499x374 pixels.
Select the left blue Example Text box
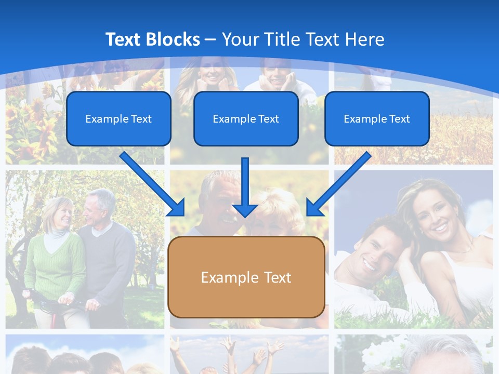click(x=119, y=118)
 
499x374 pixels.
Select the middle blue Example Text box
click(x=246, y=118)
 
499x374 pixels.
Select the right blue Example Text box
click(x=377, y=118)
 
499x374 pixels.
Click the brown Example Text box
click(x=246, y=277)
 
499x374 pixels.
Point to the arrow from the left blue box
click(x=153, y=184)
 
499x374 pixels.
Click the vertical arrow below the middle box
click(x=245, y=187)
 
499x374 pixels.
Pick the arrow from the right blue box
click(x=338, y=184)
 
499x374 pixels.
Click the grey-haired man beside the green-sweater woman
click(x=107, y=239)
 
